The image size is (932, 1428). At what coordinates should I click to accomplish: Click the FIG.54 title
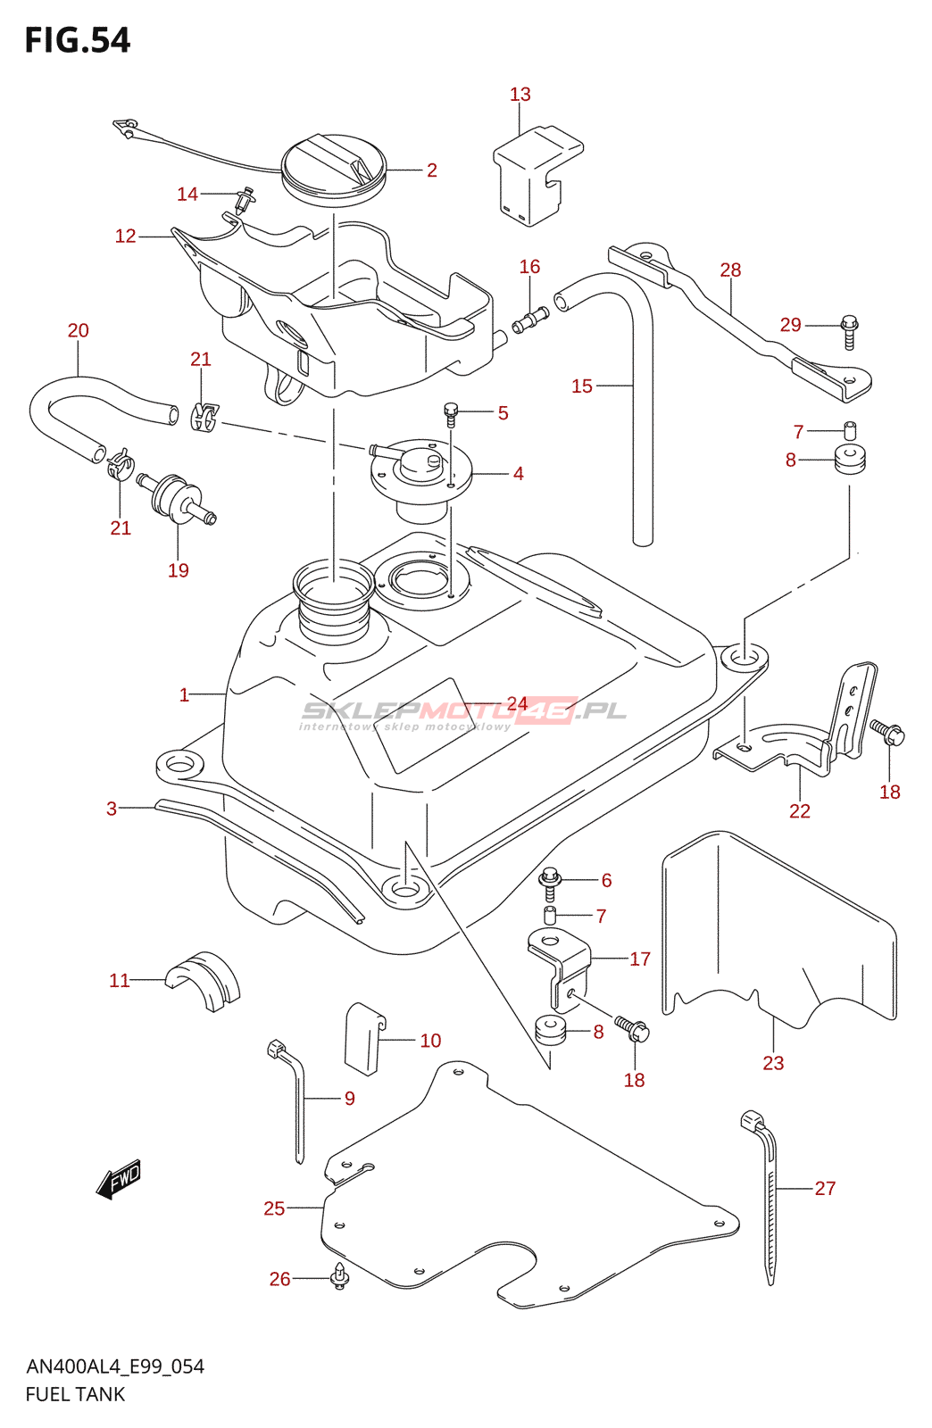coord(78,41)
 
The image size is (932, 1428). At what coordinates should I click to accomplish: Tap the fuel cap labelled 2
coord(333,168)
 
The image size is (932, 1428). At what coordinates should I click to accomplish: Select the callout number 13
coord(520,95)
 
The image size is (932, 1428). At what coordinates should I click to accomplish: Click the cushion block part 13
coord(536,174)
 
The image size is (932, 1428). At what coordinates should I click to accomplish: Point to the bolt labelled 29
coord(849,330)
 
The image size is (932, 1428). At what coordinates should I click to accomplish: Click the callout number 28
coord(730,270)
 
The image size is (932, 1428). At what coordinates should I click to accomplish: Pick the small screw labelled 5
coord(451,412)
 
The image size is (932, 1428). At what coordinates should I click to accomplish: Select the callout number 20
coord(79,331)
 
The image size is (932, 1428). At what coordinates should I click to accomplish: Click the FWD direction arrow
coord(119,1181)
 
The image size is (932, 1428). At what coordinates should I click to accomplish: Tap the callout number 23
coord(773,1063)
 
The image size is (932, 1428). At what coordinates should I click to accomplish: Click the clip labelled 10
coord(363,1037)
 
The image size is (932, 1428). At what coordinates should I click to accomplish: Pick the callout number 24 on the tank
coord(517,703)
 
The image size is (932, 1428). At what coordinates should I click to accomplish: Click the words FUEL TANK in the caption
coord(75,1394)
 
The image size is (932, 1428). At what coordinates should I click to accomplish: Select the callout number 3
coord(112,809)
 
